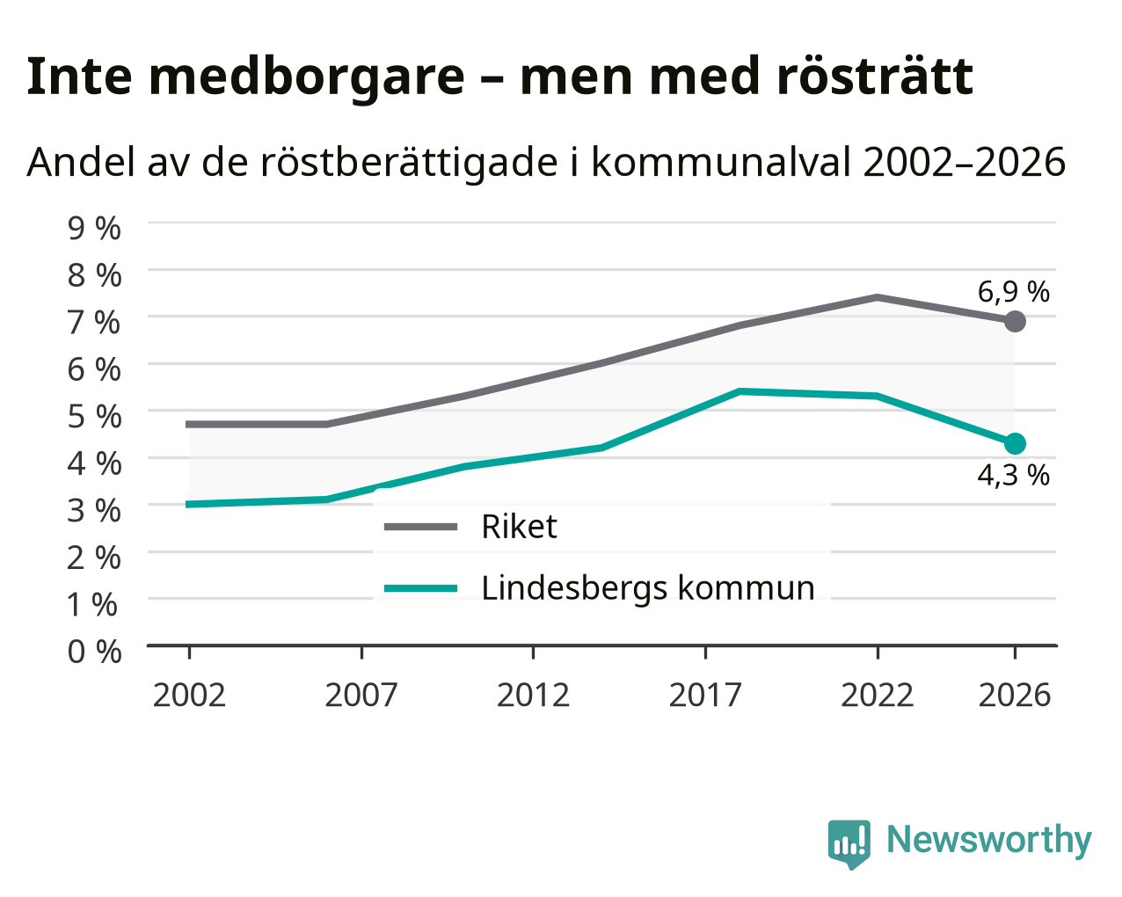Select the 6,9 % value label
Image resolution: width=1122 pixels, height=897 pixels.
coord(1013,292)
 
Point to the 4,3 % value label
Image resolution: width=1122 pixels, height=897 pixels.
coord(1013,475)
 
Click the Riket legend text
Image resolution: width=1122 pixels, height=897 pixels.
coord(519,527)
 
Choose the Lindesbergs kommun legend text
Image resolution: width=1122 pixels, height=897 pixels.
coord(647,588)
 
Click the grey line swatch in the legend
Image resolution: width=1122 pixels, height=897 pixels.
coord(420,528)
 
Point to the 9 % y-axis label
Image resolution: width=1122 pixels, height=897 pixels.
coord(94,229)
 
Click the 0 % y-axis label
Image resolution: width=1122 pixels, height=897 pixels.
coord(94,652)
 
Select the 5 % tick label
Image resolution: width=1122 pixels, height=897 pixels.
coord(94,417)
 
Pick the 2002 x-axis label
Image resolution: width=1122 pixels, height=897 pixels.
coord(189,695)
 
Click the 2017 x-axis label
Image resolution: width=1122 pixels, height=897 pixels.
coord(705,695)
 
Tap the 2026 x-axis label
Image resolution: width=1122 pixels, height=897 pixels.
coord(1014,695)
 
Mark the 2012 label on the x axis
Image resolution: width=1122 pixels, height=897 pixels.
coord(533,695)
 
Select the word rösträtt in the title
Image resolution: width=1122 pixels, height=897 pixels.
coord(874,77)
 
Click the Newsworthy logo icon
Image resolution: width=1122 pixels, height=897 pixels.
coord(849,844)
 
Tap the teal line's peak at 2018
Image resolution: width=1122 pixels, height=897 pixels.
coord(739,391)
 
